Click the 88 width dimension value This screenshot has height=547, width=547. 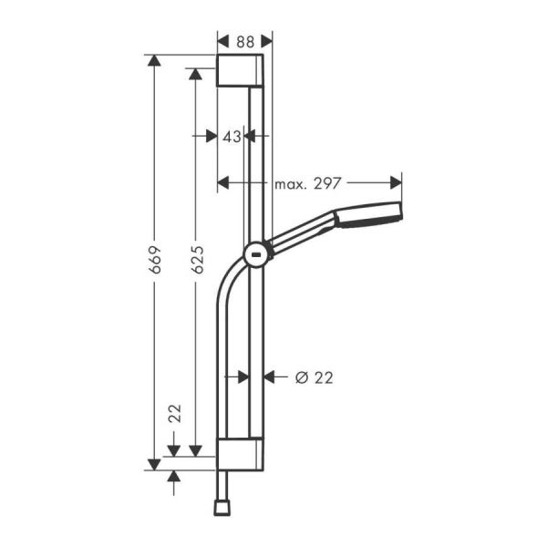tap(245, 40)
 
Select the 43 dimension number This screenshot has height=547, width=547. tap(232, 136)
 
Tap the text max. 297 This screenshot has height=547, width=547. tap(308, 183)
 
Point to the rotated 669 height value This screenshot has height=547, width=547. tap(156, 260)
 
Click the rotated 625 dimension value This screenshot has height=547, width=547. tap(197, 260)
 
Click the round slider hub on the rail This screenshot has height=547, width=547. tap(257, 254)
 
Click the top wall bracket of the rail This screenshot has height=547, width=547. tap(241, 70)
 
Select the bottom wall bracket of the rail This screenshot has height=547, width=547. tap(241, 454)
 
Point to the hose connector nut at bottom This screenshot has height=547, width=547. tap(222, 504)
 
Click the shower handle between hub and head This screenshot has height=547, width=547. tap(303, 233)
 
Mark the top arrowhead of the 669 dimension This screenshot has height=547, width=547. tap(154, 61)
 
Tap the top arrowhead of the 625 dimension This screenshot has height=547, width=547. tap(194, 74)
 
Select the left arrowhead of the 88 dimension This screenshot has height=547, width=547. tap(223, 40)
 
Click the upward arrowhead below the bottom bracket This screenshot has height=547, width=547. tap(174, 479)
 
